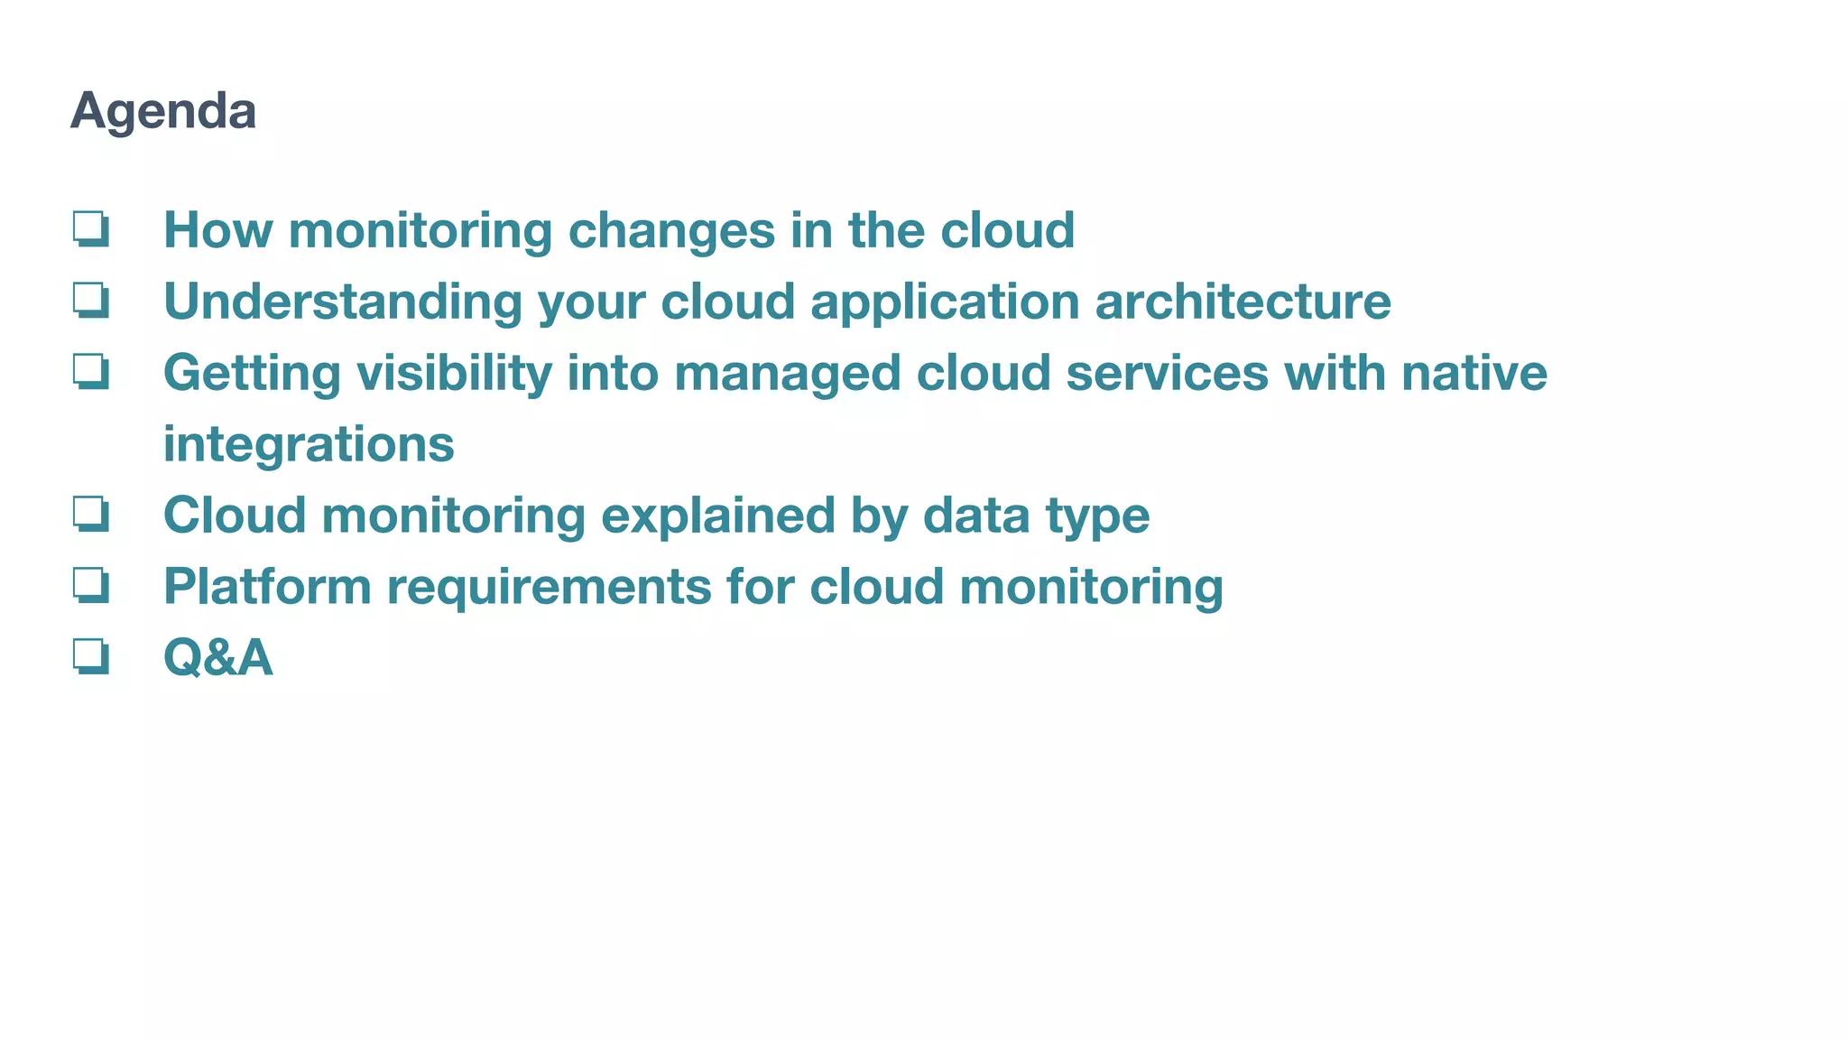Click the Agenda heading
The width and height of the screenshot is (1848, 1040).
pos(163,111)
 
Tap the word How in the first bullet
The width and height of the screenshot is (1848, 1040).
pos(217,230)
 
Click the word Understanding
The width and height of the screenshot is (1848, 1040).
pos(342,302)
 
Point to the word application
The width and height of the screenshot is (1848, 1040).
pos(945,302)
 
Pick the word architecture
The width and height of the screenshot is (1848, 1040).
pos(1243,302)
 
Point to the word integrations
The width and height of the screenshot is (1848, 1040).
pos(309,444)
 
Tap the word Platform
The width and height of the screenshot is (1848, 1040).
pos(267,587)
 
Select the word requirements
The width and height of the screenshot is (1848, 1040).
pos(549,587)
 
